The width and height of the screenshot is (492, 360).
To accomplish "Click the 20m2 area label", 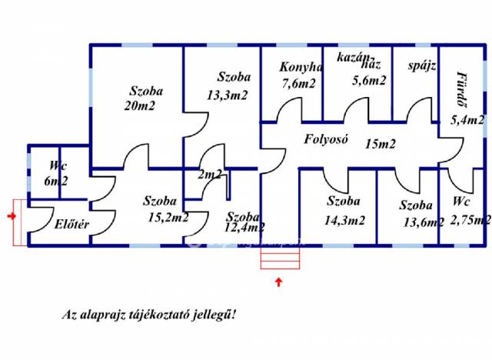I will tap(139, 106).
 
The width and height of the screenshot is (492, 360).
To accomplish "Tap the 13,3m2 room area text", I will tap(227, 95).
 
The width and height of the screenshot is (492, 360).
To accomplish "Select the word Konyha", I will tap(301, 67).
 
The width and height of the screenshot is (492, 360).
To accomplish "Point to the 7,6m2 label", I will tap(298, 84).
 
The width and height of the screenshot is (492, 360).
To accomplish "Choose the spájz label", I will tap(422, 65).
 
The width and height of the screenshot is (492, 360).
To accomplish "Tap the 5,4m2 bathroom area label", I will tap(467, 120).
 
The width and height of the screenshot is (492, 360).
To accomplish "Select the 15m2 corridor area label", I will tap(381, 143).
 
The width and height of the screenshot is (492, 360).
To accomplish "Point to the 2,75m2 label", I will tap(470, 220).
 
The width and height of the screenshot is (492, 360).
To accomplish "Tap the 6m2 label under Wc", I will tap(56, 182).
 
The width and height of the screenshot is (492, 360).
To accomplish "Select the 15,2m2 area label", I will tap(168, 218).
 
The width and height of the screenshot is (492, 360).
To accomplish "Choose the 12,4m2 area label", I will tap(244, 228).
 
